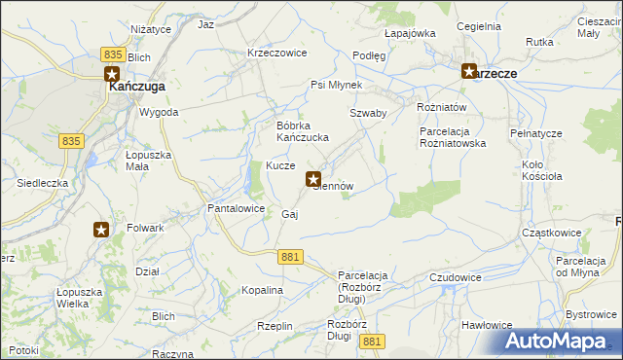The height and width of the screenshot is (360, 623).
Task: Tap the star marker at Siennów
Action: click(314, 179)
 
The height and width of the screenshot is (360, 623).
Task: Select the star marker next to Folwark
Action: click(101, 230)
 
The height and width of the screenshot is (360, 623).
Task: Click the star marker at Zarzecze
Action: click(469, 71)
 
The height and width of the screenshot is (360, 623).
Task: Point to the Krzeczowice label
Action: click(277, 53)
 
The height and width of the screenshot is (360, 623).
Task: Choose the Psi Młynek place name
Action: click(336, 86)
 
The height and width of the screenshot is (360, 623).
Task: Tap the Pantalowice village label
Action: click(237, 208)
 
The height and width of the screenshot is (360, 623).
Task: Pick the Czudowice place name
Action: click(456, 277)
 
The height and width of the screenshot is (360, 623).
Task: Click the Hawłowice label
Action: click(487, 325)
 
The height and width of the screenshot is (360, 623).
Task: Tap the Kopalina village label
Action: click(262, 290)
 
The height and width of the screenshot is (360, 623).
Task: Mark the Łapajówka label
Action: click(409, 33)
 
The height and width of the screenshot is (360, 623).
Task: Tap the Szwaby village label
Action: click(369, 113)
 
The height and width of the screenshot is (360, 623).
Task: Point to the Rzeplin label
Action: click(275, 326)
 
